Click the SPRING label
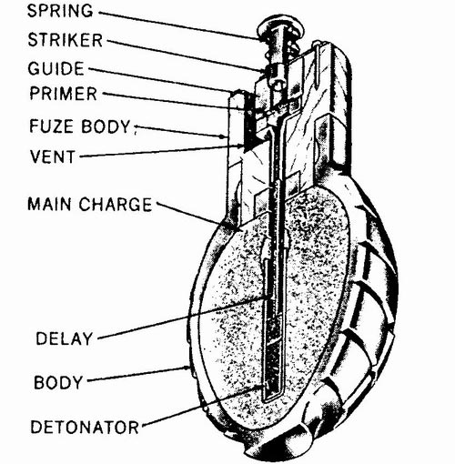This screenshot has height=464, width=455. point(60,11)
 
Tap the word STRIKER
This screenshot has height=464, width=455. point(66,40)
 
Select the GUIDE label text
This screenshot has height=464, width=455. point(56,68)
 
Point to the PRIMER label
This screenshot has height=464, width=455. point(64,93)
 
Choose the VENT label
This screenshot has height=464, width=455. point(53,156)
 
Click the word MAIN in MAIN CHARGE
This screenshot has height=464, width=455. point(49,204)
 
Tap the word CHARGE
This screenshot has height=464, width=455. point(116,204)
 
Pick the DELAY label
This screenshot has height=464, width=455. point(64,338)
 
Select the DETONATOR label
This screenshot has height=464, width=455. point(85,427)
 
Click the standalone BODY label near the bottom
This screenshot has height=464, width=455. point(58,382)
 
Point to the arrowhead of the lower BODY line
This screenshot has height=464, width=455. point(187,368)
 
